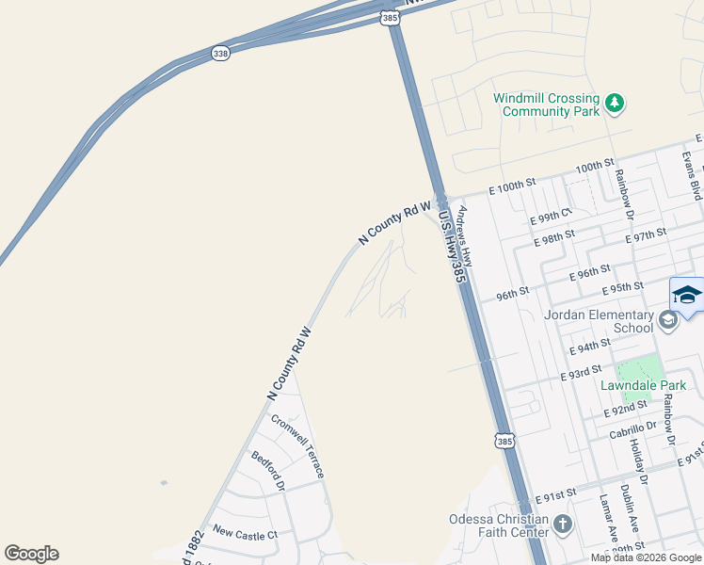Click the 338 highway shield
point(220,55)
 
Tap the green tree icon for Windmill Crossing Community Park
point(615,102)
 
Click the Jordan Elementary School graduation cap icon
point(667,321)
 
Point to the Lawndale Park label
point(644,385)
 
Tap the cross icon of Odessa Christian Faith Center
point(563,525)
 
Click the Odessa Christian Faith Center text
point(499,525)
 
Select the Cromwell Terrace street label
point(298,444)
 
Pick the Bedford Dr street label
point(268,471)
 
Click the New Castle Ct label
point(246,532)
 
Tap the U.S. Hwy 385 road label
point(453,247)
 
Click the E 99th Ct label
point(552,216)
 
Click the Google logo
point(31,554)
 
